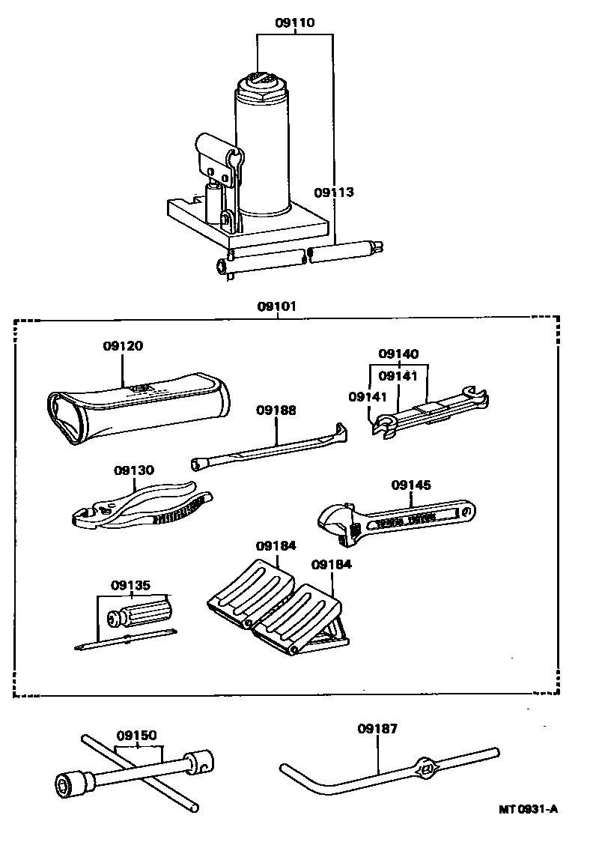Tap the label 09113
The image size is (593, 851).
333,193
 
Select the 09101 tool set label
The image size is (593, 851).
278,306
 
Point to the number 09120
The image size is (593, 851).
123,346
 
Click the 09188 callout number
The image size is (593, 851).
276,410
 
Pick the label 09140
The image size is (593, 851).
398,354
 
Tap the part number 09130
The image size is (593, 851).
134,470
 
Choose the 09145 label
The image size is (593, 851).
411,485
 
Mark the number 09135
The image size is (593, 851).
131,585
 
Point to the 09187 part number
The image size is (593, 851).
377,728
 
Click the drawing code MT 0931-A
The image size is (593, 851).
529,809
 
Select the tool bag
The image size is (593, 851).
135,408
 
